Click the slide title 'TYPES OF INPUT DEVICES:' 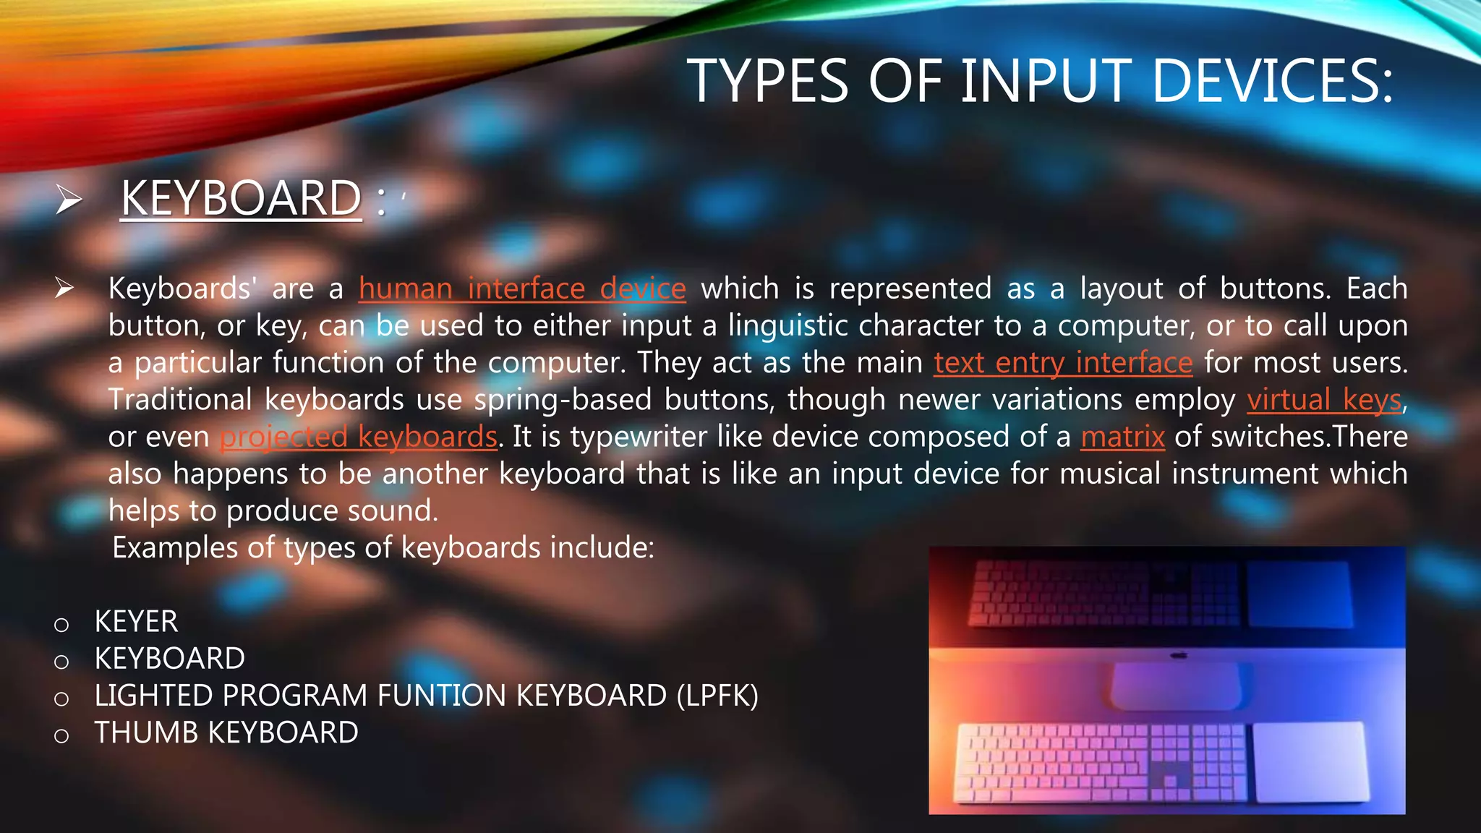pyautogui.click(x=1039, y=81)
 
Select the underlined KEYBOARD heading pyautogui.click(x=241, y=198)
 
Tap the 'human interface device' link pyautogui.click(x=521, y=289)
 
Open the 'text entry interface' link pyautogui.click(x=1062, y=363)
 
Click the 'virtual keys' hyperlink pyautogui.click(x=1324, y=400)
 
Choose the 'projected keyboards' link pyautogui.click(x=359, y=437)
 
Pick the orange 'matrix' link pyautogui.click(x=1122, y=437)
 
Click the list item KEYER pyautogui.click(x=136, y=622)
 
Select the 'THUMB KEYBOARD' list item pyautogui.click(x=226, y=733)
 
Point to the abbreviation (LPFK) pyautogui.click(x=717, y=696)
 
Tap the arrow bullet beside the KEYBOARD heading pyautogui.click(x=69, y=200)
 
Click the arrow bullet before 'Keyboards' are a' pyautogui.click(x=64, y=289)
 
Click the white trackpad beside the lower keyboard pyautogui.click(x=1310, y=761)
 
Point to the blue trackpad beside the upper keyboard pyautogui.click(x=1299, y=594)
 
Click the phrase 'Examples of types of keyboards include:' pyautogui.click(x=383, y=548)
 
